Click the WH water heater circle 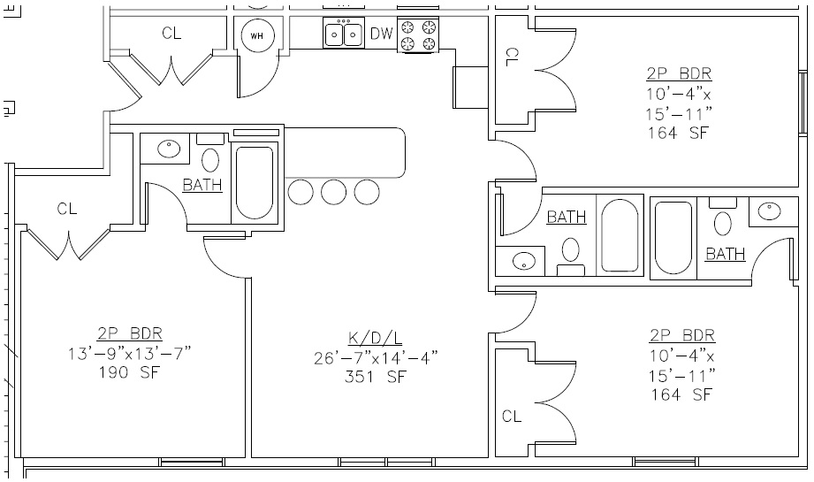click(257, 35)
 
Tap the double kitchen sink click(343, 34)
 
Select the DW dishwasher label click(381, 34)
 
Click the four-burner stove click(419, 35)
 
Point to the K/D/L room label click(376, 337)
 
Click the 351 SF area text click(376, 377)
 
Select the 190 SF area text click(130, 371)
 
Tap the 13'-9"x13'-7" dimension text click(130, 352)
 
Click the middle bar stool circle click(333, 191)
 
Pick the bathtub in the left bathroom click(254, 182)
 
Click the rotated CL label click(511, 57)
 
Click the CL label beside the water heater click(171, 34)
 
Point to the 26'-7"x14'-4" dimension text click(376, 357)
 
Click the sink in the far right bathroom click(771, 210)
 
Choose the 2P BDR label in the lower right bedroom click(681, 336)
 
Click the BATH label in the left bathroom click(202, 185)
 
